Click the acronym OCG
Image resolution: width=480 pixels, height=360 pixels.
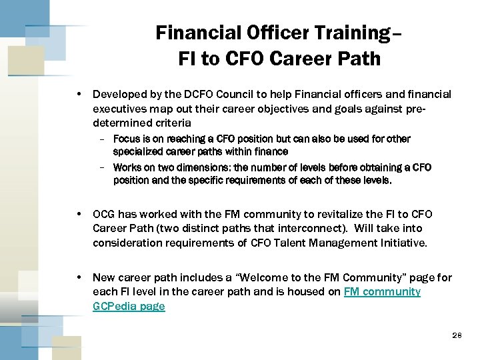[x=104, y=214]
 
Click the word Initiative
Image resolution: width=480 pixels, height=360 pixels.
[x=403, y=242]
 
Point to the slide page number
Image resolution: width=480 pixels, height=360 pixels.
[x=455, y=335]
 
